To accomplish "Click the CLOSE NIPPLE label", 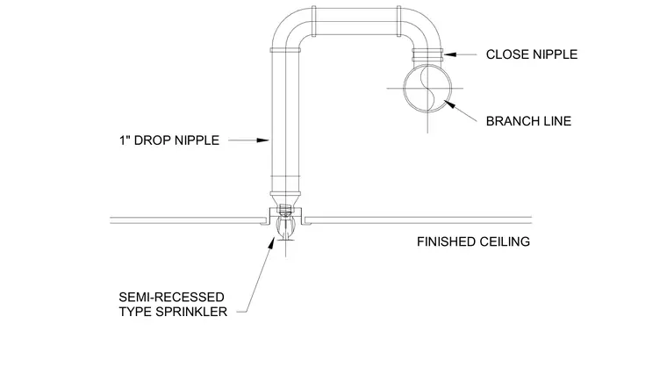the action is (x=532, y=54).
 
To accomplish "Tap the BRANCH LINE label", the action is (x=528, y=121).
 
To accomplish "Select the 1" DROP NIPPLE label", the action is (x=169, y=140).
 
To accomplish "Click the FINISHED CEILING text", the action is (x=473, y=241).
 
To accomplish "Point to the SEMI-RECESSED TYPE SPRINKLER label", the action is (x=173, y=305).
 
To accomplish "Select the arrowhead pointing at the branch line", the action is (x=449, y=104).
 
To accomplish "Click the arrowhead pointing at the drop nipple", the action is (x=263, y=140).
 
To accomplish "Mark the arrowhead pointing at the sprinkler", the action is (x=271, y=242).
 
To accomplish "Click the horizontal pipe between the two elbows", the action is (x=356, y=21).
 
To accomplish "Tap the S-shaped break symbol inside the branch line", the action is (x=427, y=89).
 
